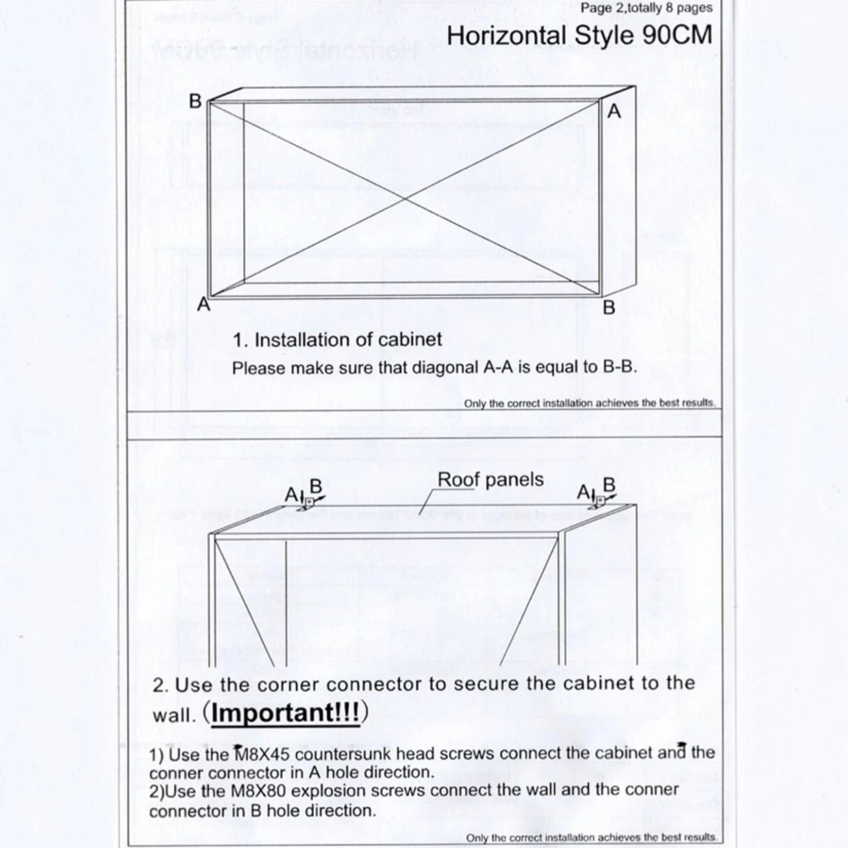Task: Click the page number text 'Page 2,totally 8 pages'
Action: coord(647,8)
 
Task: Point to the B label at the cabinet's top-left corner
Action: coord(195,101)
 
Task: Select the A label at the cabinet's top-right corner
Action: coord(614,111)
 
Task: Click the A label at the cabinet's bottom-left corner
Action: coord(204,305)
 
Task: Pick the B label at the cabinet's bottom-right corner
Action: coord(609,307)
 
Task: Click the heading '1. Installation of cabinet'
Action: coord(337,340)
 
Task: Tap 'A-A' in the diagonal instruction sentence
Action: coord(498,368)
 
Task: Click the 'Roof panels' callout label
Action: coord(490,480)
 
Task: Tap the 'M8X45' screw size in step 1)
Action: coord(259,753)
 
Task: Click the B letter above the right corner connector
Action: coord(609,485)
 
